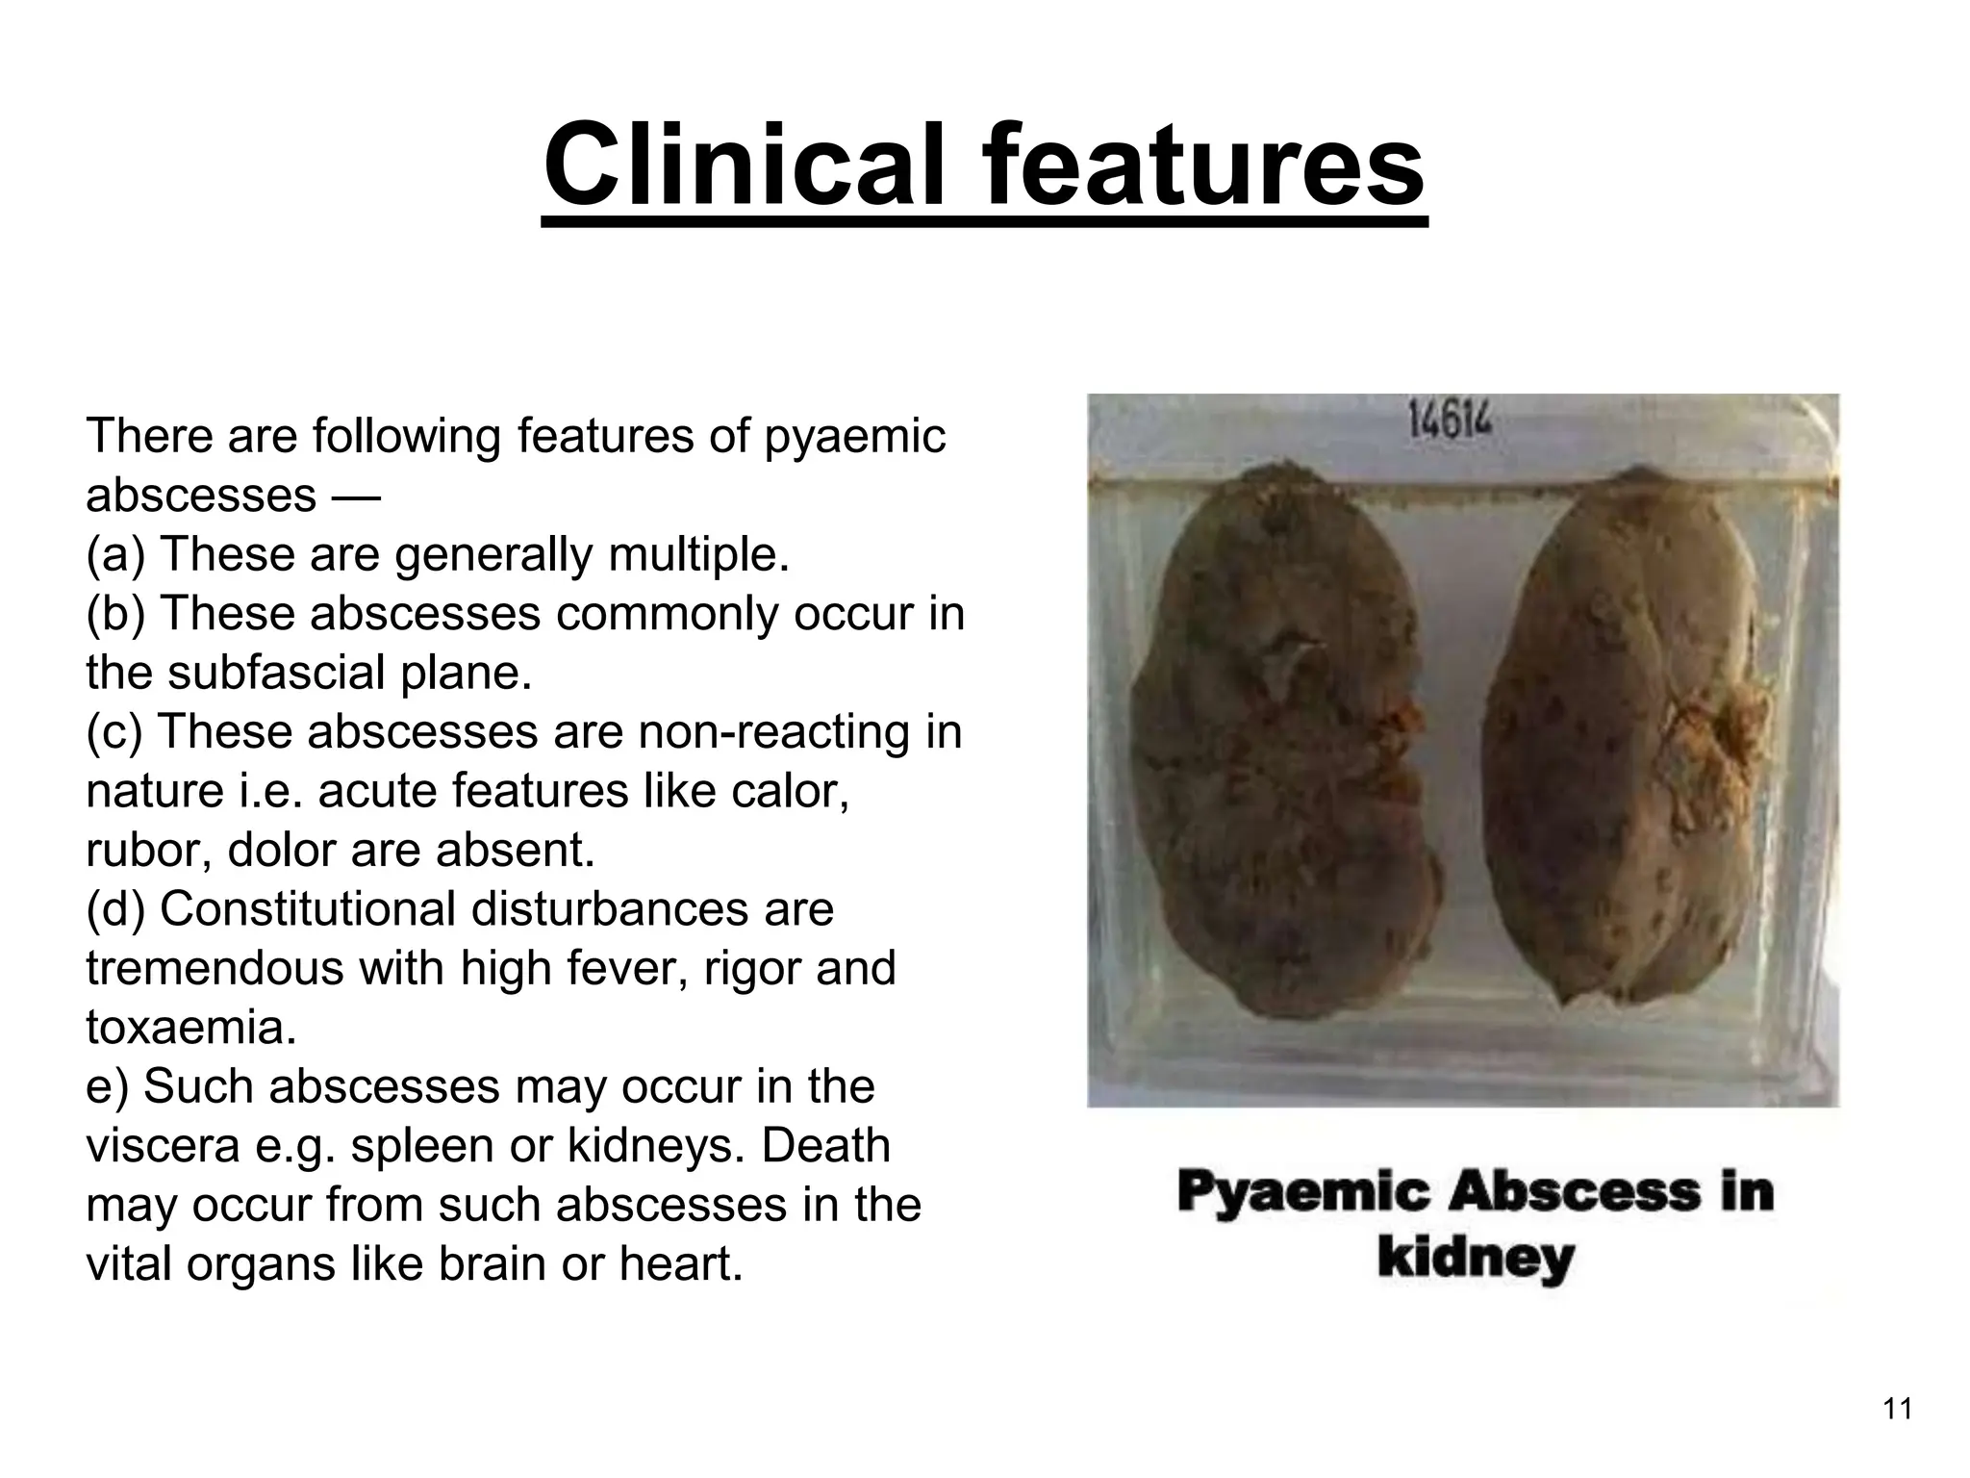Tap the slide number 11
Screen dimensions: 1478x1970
(x=1897, y=1410)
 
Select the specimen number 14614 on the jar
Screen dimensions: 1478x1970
(x=1450, y=420)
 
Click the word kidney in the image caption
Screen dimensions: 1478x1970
(x=1476, y=1259)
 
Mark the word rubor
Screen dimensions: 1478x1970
(x=148, y=851)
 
